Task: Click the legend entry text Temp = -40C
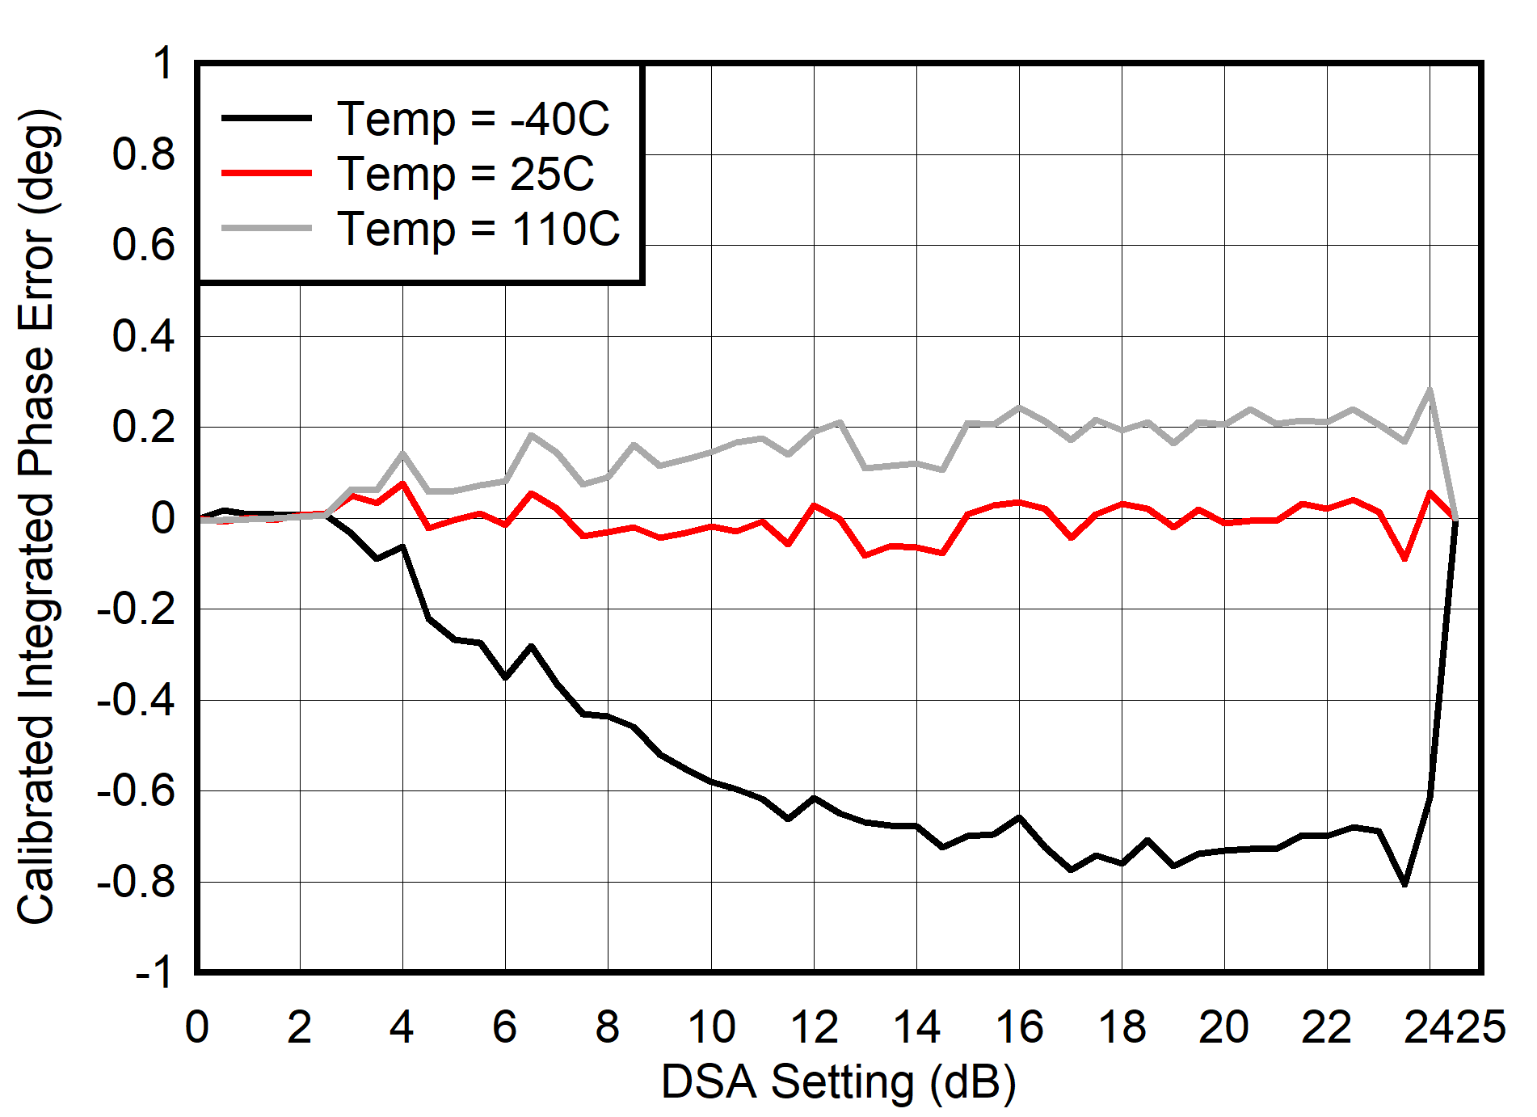click(473, 119)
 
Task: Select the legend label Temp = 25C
click(465, 174)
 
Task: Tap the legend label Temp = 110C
click(478, 229)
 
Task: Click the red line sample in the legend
click(267, 173)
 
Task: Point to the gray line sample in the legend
click(267, 229)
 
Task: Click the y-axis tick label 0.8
click(143, 154)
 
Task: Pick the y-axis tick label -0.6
click(136, 790)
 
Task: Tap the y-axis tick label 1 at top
click(162, 63)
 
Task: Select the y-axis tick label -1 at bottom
click(154, 972)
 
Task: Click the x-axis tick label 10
click(711, 1027)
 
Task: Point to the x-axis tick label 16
click(1019, 1027)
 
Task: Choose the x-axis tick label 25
click(1481, 1027)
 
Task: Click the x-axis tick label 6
click(505, 1027)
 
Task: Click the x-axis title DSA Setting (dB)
click(838, 1081)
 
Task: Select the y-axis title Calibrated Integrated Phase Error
click(36, 517)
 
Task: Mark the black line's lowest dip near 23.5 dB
click(1404, 883)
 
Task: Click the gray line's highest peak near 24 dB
click(1430, 390)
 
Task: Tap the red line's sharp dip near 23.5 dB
click(1405, 558)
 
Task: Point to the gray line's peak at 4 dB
click(402, 453)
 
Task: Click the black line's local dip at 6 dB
click(505, 677)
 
